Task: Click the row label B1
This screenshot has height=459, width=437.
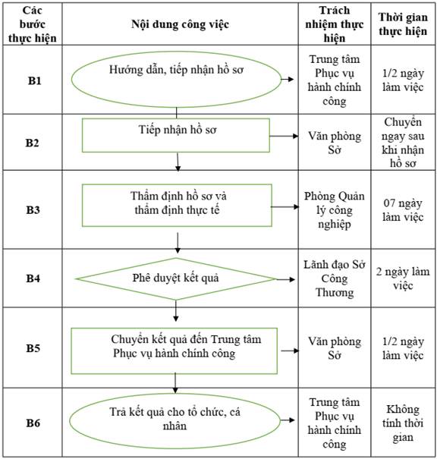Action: [34, 80]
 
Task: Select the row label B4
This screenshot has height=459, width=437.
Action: [33, 278]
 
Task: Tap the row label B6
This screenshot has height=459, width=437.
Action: [33, 423]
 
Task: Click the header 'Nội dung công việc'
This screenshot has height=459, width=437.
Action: [180, 24]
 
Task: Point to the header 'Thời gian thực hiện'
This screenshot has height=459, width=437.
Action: [403, 24]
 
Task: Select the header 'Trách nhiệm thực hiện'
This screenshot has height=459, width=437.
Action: [335, 24]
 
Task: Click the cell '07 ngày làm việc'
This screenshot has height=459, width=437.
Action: [403, 210]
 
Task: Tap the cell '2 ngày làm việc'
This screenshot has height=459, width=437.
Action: [403, 278]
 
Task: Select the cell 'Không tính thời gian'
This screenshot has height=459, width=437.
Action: [403, 423]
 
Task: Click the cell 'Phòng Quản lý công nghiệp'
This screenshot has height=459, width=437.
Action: [335, 210]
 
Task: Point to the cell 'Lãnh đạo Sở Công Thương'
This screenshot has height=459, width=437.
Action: [335, 278]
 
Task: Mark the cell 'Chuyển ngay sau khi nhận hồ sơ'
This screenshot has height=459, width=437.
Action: [403, 143]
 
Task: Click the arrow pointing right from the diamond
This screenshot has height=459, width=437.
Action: [285, 279]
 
